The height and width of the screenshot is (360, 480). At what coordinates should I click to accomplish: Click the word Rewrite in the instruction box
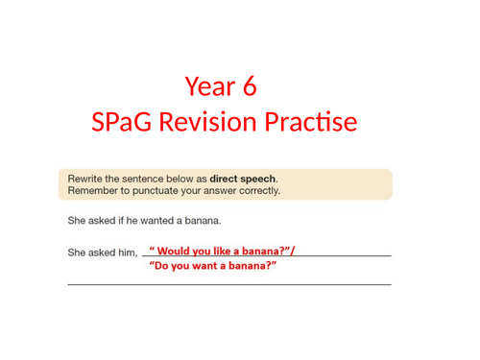pyautogui.click(x=84, y=179)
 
